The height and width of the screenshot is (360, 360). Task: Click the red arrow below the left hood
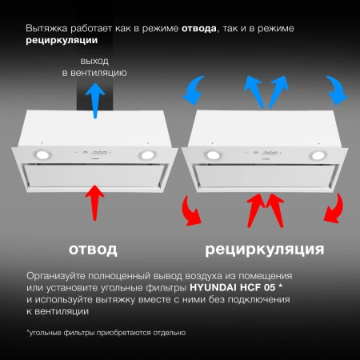click(95, 201)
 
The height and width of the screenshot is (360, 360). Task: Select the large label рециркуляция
click(265, 250)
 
